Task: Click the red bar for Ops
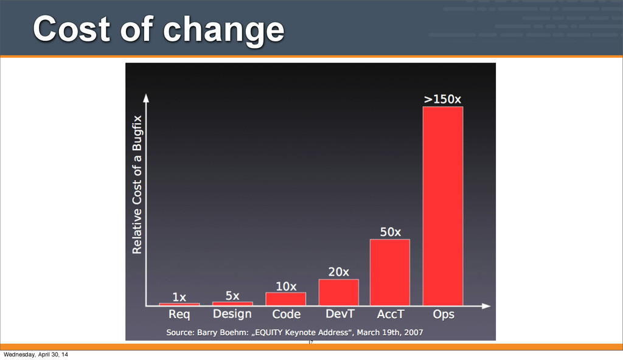tap(442, 206)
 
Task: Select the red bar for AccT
tap(389, 272)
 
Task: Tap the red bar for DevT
tap(338, 292)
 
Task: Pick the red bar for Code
tap(285, 298)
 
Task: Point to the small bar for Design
tap(232, 303)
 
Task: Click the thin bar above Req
tap(179, 303)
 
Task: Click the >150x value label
tap(442, 99)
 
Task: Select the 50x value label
tap(391, 232)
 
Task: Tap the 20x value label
tap(339, 272)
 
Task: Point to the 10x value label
tap(286, 286)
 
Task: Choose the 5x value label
tap(232, 296)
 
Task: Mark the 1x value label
tap(179, 297)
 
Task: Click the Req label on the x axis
tap(179, 314)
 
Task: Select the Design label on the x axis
tap(232, 314)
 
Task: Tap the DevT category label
tap(338, 314)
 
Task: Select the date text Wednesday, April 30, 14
tap(36, 354)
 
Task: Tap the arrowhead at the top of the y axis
tap(146, 97)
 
